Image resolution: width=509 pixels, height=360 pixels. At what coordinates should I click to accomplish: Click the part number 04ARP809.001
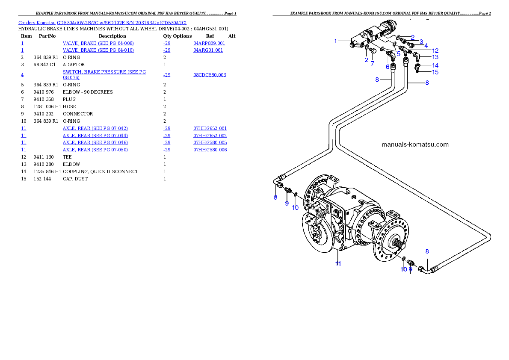[209, 43]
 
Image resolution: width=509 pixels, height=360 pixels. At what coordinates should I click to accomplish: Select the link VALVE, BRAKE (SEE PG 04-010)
[98, 50]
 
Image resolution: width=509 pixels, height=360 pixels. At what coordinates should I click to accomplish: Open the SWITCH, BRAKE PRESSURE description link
[104, 72]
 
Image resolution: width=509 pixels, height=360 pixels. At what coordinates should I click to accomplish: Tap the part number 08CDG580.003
[210, 75]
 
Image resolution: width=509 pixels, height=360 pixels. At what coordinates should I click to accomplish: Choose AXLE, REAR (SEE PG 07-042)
[95, 128]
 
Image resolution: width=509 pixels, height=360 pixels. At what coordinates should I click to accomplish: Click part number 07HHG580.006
[210, 150]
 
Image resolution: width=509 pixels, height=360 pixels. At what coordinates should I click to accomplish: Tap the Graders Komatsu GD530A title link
[102, 22]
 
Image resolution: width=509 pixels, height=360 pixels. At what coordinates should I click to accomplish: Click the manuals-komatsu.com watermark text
[415, 145]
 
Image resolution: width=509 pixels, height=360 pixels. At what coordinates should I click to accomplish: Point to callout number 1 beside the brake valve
[336, 41]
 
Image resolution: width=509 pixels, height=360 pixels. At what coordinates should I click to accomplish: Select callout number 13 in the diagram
[435, 57]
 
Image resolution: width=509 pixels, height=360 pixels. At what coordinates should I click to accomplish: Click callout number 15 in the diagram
[435, 72]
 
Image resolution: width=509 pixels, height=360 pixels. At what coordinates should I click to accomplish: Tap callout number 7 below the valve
[372, 64]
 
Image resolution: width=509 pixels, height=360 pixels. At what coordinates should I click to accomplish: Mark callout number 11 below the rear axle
[338, 264]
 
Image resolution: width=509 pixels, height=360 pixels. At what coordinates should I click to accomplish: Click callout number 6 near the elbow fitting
[388, 67]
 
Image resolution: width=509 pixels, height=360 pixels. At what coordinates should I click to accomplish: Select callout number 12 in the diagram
[435, 51]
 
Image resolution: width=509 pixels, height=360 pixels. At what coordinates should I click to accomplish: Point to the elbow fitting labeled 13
[417, 56]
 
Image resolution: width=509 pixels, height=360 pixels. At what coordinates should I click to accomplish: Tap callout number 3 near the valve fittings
[421, 41]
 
